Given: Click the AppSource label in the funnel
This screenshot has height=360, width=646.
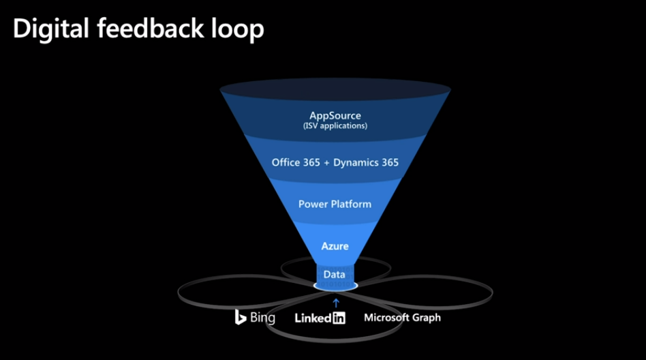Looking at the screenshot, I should (x=335, y=116).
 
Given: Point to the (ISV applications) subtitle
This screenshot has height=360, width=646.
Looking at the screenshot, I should (x=335, y=126).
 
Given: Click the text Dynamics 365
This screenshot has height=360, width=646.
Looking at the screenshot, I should (x=366, y=162).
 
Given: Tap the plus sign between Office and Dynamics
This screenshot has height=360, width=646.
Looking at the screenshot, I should (x=327, y=163).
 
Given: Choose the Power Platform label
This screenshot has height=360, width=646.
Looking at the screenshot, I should (x=335, y=204).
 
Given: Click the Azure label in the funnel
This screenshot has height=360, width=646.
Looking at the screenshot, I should (x=335, y=245).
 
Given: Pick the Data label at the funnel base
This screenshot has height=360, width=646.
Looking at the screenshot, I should (x=335, y=274).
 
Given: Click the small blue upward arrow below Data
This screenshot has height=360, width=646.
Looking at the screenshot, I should (x=335, y=301).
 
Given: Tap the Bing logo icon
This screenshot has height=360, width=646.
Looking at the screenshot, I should (x=240, y=317).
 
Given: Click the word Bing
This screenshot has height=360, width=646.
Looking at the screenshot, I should (x=262, y=318).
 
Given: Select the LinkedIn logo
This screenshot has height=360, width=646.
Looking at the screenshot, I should (x=320, y=318).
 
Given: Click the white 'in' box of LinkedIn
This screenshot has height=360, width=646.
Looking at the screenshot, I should (x=338, y=318).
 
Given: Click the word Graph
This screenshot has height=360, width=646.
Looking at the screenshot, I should (x=427, y=318).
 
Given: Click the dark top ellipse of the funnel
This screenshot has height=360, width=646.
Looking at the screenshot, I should (x=335, y=89).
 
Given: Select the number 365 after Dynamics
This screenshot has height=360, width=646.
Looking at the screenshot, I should (x=388, y=162).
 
